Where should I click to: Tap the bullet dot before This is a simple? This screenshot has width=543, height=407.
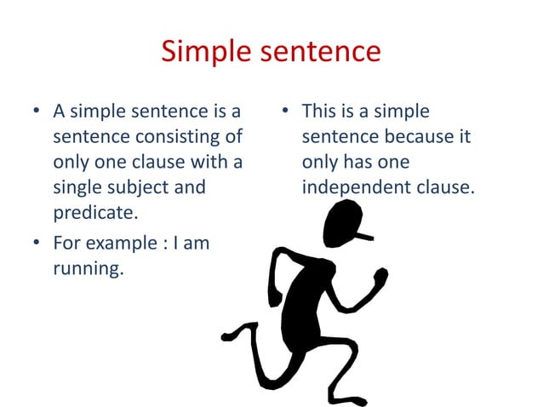coord(286,112)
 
